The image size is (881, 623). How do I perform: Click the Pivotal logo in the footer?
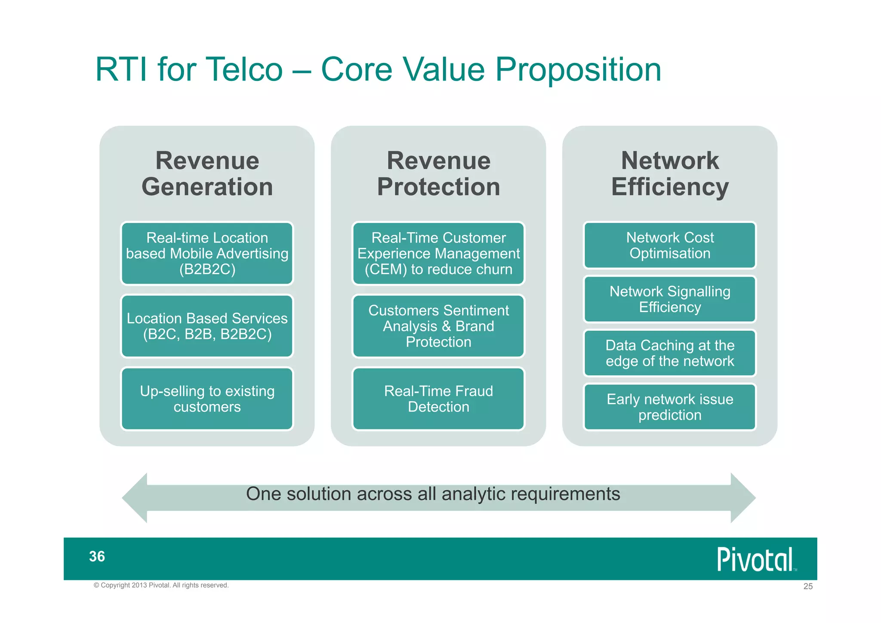(x=756, y=559)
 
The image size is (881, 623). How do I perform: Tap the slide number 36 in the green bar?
(x=97, y=556)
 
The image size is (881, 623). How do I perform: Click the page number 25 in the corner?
(x=808, y=586)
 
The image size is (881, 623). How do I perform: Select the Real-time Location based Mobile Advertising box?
(x=207, y=253)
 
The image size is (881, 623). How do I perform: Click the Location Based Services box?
(x=207, y=326)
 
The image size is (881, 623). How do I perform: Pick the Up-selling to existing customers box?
(x=207, y=399)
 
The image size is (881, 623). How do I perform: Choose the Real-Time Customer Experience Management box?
(x=438, y=253)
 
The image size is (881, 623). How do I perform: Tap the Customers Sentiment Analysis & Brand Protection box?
(x=438, y=326)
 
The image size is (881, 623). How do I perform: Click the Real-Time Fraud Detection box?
(x=438, y=399)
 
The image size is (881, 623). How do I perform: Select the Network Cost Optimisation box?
(x=670, y=245)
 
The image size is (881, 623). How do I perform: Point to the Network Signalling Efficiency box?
(x=670, y=299)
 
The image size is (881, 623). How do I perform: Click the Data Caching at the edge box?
(x=670, y=353)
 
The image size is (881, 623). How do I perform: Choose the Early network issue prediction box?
(x=670, y=407)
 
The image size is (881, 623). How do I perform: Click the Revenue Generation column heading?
(x=207, y=174)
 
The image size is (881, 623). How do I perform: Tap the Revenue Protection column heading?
(x=438, y=174)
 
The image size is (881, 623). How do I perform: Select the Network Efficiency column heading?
(x=670, y=174)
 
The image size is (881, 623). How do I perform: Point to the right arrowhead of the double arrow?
(x=742, y=498)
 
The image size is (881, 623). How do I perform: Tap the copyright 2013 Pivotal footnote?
(x=161, y=585)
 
